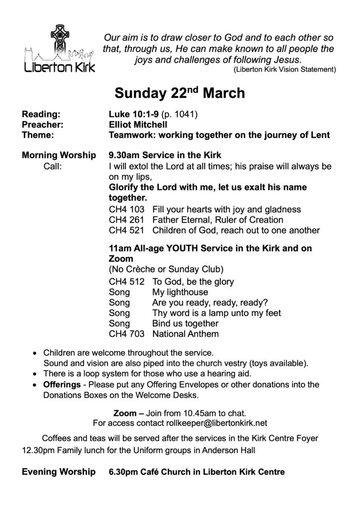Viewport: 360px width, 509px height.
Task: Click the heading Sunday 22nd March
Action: click(x=180, y=93)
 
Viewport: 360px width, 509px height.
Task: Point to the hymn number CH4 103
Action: click(x=127, y=210)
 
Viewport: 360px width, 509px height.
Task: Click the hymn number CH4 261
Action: click(x=127, y=220)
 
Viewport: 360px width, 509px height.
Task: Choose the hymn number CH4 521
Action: click(x=127, y=230)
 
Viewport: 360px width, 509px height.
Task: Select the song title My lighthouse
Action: click(x=180, y=292)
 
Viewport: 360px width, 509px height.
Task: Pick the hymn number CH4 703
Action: click(x=127, y=334)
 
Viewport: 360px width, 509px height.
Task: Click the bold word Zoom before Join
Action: click(x=125, y=413)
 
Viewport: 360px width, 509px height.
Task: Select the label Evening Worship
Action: click(x=59, y=472)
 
